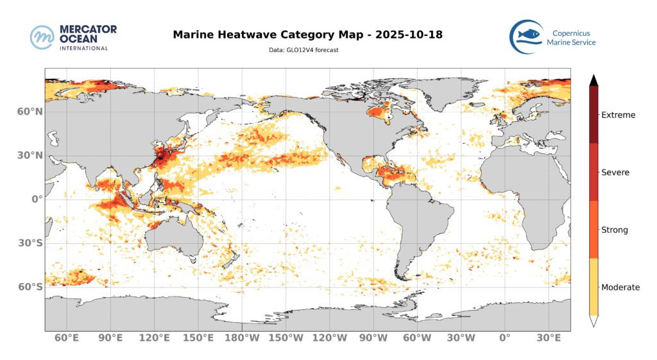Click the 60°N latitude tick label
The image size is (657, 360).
[x=30, y=111]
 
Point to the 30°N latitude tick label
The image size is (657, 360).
[x=30, y=155]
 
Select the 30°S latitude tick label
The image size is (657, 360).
[x=30, y=243]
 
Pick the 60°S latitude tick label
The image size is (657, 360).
[x=30, y=287]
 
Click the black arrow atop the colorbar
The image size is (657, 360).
[x=594, y=80]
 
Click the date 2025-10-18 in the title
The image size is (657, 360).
[x=410, y=34]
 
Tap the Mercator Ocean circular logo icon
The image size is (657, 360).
[x=42, y=37]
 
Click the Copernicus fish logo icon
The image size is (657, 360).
[x=526, y=36]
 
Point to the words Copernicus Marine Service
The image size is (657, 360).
[x=570, y=37]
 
